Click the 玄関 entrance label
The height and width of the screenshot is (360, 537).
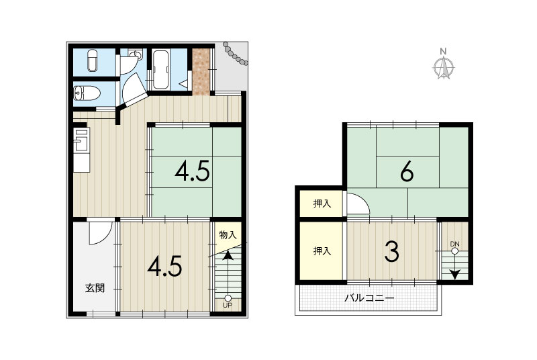click(x=95, y=288)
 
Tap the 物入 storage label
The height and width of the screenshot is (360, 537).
click(x=228, y=235)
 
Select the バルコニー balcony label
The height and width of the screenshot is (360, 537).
click(x=369, y=298)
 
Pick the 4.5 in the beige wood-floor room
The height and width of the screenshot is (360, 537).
click(x=164, y=267)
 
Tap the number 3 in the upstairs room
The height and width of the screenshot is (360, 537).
click(x=391, y=251)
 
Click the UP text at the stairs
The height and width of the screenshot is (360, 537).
click(x=228, y=305)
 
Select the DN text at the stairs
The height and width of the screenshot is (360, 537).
click(x=454, y=244)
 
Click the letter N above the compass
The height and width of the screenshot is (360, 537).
click(x=443, y=52)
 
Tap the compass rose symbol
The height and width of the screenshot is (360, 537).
click(x=444, y=68)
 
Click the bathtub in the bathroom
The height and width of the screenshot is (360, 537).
click(x=160, y=70)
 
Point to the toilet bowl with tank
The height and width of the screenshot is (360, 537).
click(x=87, y=93)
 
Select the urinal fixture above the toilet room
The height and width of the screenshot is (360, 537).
click(x=93, y=61)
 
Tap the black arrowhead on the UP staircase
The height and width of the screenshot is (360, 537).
click(x=227, y=255)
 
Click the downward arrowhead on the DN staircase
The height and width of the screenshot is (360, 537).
click(x=454, y=275)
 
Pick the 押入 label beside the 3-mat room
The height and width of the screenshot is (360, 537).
click(x=322, y=251)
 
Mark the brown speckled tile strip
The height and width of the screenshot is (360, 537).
click(x=201, y=72)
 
